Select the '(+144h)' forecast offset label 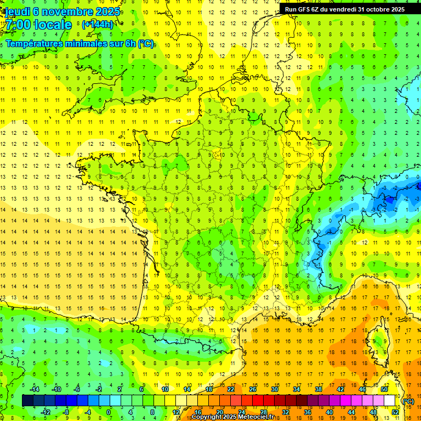click(x=98, y=25)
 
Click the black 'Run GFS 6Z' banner click(x=345, y=9)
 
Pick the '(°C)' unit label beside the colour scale click(x=408, y=401)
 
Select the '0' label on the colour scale click(x=109, y=412)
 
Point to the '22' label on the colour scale click(x=231, y=389)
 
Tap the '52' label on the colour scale click(x=395, y=412)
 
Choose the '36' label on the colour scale click(x=307, y=412)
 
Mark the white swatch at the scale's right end click(x=390, y=401)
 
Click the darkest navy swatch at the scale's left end click(x=27, y=401)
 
